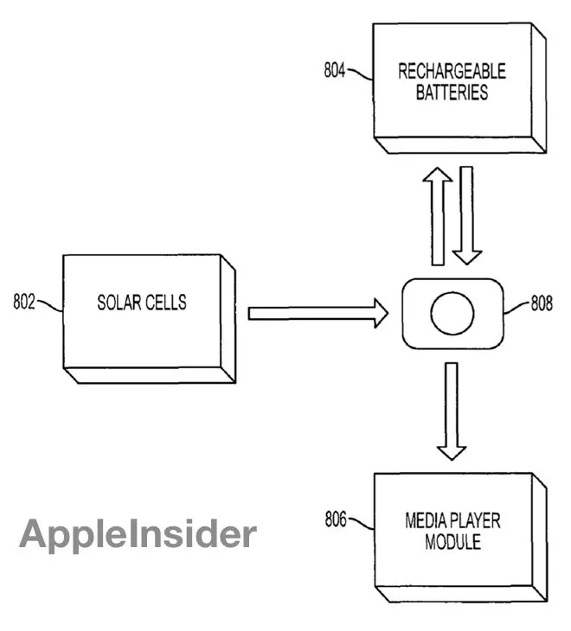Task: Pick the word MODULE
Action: click(x=452, y=543)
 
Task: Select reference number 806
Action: click(x=337, y=519)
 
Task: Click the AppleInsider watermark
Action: click(x=138, y=533)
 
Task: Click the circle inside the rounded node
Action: click(x=452, y=312)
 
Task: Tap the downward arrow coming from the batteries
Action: click(x=467, y=216)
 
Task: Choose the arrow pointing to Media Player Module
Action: click(x=452, y=411)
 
